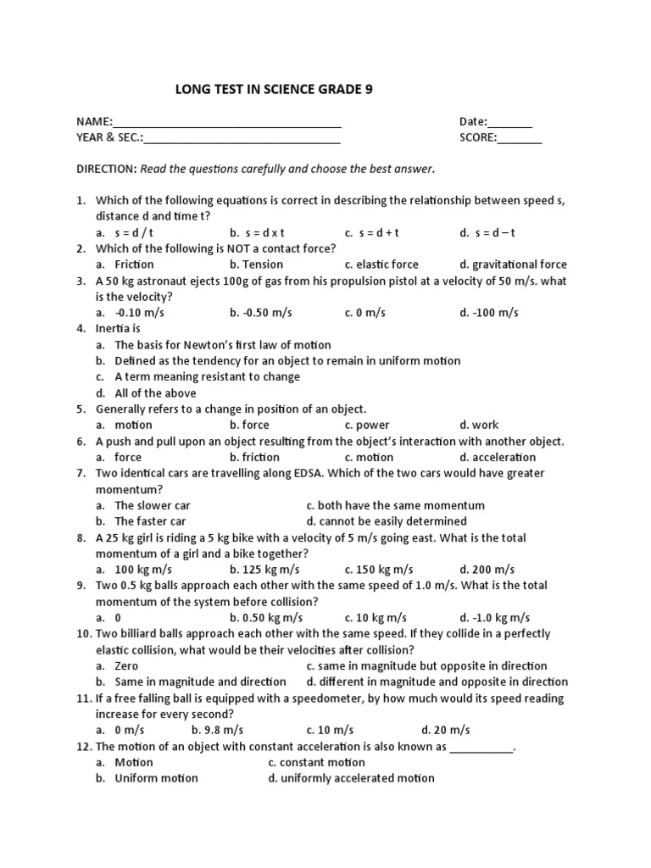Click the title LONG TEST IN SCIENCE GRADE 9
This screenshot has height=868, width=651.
click(x=273, y=88)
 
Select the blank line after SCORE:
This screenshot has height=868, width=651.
click(x=520, y=140)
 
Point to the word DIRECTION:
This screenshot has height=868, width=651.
click(x=107, y=169)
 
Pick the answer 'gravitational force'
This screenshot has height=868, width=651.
click(x=519, y=264)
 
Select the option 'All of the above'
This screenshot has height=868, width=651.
click(x=155, y=393)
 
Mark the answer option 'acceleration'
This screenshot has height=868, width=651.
click(x=504, y=457)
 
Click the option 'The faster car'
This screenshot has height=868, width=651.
click(x=150, y=521)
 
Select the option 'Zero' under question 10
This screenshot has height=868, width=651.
click(x=126, y=666)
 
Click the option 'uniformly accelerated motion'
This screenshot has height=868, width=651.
click(x=357, y=778)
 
